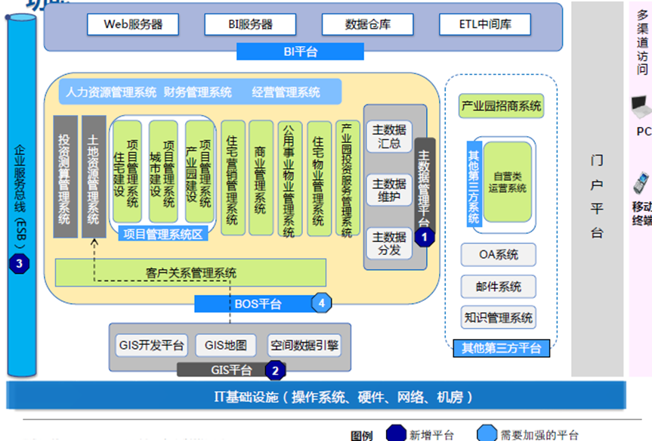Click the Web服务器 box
tap(134, 23)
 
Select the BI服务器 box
tap(250, 23)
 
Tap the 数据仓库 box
tap(366, 23)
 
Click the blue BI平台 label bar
tap(300, 51)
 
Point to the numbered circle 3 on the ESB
tap(19, 264)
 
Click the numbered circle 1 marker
tap(425, 237)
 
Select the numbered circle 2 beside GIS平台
tap(276, 371)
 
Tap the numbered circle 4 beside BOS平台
tap(322, 303)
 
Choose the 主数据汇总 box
tap(389, 136)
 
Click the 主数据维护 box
tap(389, 190)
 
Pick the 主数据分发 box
tap(389, 243)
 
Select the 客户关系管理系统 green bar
tap(190, 273)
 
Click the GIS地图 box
tap(226, 346)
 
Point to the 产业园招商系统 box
tap(501, 107)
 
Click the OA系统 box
tap(499, 255)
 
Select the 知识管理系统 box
tap(499, 318)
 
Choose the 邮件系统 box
tap(499, 287)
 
